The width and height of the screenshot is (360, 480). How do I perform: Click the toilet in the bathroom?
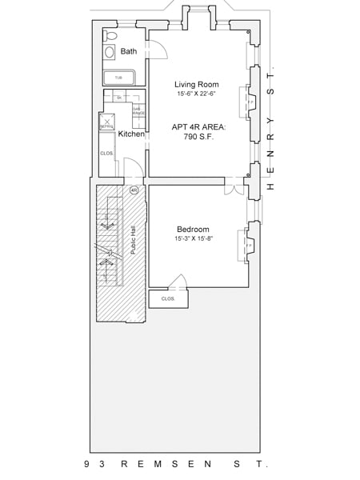coord(110,36)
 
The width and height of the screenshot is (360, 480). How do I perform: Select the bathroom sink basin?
coord(109,52)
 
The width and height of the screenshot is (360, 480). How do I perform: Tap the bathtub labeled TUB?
coord(118,78)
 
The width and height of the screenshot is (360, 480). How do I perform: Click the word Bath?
coord(129,52)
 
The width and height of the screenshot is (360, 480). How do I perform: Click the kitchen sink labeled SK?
coord(118,97)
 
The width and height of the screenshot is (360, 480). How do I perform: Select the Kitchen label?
coord(131,134)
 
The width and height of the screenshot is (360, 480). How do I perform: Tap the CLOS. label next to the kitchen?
coord(106,153)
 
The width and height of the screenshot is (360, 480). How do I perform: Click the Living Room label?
coord(196,84)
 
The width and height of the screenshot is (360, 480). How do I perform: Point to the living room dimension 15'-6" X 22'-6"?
coord(196,94)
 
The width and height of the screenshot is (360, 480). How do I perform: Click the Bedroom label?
coord(193,229)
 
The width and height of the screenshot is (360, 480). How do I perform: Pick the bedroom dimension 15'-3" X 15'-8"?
coord(193,239)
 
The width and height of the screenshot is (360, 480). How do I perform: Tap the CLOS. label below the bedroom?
coord(168,298)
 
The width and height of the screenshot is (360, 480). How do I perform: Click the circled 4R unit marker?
coord(134,190)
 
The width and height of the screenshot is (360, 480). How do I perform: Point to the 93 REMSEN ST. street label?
coord(176,464)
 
